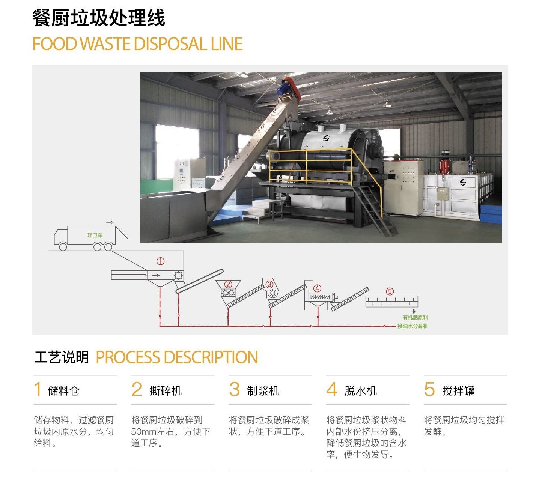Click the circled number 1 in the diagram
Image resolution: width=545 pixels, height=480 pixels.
(x=160, y=261)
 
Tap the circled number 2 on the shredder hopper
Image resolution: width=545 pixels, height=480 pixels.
(x=228, y=284)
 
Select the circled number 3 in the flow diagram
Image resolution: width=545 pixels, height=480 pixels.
(x=269, y=284)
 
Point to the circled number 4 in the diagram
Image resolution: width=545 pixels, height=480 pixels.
(x=317, y=288)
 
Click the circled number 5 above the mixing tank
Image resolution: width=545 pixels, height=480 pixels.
(x=390, y=291)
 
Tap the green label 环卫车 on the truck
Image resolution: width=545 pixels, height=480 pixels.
(x=95, y=235)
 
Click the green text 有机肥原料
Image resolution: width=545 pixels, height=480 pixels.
(x=415, y=317)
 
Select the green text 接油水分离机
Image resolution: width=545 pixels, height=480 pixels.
(x=413, y=326)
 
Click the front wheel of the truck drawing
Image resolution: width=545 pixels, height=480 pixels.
(x=63, y=247)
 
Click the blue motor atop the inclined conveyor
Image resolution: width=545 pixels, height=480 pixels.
(x=283, y=88)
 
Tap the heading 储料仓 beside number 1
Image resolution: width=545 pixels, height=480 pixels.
(x=63, y=391)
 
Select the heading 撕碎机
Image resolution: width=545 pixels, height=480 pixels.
(x=166, y=391)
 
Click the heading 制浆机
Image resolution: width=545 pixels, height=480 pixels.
(x=263, y=391)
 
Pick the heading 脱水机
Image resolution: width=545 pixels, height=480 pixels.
(x=360, y=391)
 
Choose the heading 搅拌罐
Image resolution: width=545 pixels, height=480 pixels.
(x=458, y=391)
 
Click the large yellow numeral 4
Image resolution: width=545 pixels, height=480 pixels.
(x=332, y=389)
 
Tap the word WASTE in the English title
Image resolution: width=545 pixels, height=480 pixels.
(x=105, y=44)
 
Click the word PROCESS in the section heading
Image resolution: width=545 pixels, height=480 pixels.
(x=128, y=357)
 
